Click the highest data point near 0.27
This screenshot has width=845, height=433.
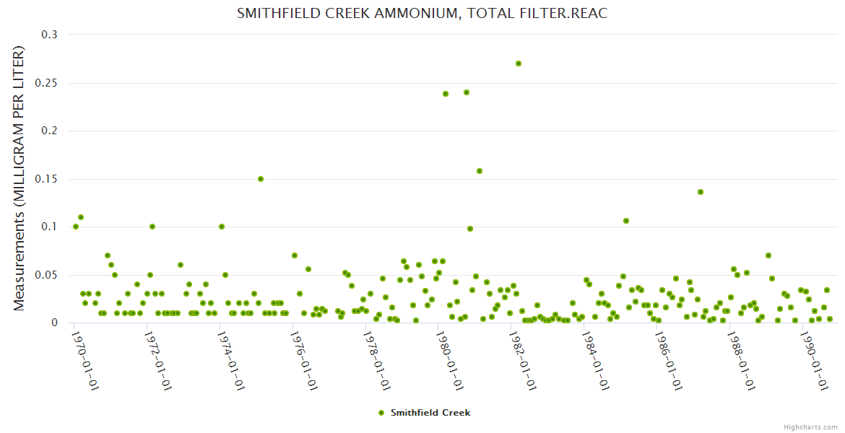point(519,64)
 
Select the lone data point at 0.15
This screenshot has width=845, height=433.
point(261,179)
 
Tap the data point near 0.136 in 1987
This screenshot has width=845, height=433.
point(701,192)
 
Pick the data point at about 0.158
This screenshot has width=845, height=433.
point(480,171)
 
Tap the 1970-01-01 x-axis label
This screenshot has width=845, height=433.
point(85,361)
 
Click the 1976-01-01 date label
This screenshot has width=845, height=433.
point(304,361)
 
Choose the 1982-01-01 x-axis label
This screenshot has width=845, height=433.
point(523,361)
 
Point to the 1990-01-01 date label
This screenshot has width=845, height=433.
point(815,361)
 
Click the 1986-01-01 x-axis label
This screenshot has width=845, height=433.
point(669,361)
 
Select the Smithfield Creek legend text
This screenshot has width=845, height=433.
point(430,413)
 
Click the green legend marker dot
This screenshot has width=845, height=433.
point(381,413)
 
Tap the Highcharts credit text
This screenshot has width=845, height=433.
point(810,427)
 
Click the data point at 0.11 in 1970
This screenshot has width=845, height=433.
point(81,217)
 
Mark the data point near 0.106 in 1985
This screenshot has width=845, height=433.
point(626,221)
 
